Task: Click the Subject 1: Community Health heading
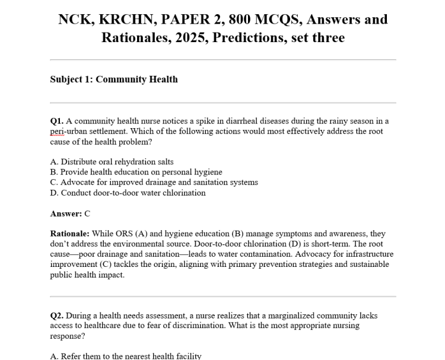[x=114, y=79]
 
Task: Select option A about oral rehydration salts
[x=112, y=161]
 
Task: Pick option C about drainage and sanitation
[x=154, y=182]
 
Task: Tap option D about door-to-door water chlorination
[x=128, y=193]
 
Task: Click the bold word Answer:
[x=66, y=214]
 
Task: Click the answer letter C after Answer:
[x=87, y=214]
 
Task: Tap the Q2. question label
[x=58, y=316]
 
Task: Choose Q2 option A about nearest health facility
[x=126, y=356]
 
